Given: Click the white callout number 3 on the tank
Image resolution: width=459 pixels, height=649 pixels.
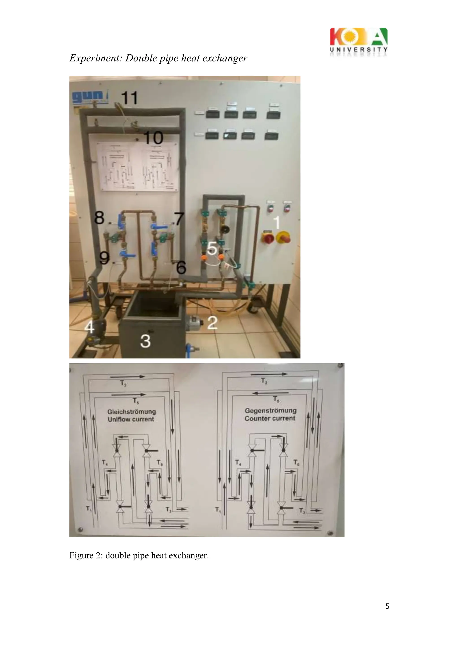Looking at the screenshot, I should tap(145, 341).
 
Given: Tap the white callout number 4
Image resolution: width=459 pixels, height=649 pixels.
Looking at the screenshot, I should tap(90, 328).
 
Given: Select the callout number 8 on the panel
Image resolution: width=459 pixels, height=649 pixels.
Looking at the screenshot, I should tap(99, 218).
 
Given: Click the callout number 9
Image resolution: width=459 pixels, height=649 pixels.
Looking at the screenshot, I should tap(104, 258).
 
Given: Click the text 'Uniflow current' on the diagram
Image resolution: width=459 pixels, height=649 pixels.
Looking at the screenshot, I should tap(131, 419).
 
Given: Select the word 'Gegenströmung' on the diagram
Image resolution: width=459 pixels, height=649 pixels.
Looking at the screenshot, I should tap(271, 410).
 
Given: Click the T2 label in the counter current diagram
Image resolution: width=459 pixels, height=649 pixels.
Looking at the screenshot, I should tap(264, 381).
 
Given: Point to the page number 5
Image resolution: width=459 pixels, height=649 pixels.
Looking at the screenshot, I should tap(387, 606).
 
